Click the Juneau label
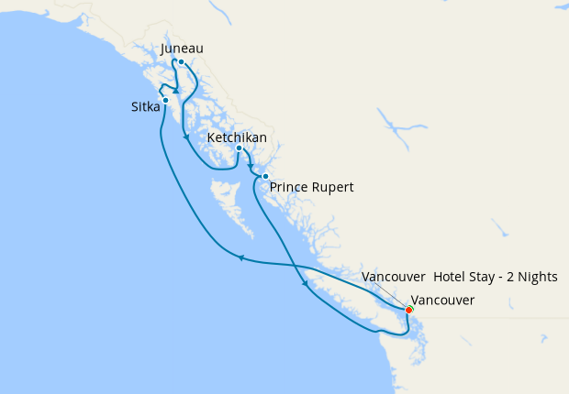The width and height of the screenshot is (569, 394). click(x=182, y=49)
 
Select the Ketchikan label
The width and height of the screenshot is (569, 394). click(x=238, y=137)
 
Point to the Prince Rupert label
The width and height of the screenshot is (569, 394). click(x=312, y=187)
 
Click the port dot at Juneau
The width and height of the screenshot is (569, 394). click(x=182, y=62)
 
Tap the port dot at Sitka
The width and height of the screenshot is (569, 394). click(x=165, y=101)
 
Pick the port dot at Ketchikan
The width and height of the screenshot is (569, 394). click(x=239, y=148)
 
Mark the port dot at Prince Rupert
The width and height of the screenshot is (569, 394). click(x=265, y=176)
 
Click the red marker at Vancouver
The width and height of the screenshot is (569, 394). click(x=408, y=310)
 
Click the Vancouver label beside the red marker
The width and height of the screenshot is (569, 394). click(x=442, y=300)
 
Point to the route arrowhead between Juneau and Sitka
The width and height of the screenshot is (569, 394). click(x=175, y=91)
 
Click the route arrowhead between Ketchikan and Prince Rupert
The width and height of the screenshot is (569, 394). click(x=251, y=168)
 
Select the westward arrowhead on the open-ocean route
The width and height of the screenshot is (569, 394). click(x=241, y=257)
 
